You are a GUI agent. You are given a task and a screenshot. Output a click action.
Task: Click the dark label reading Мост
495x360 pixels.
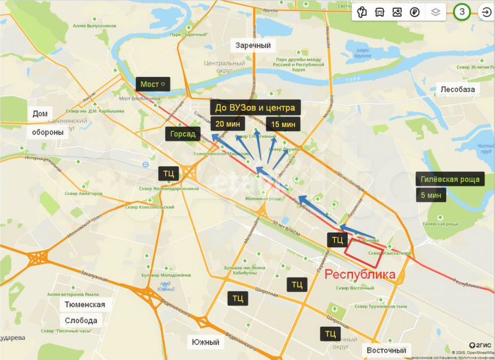[x=153, y=84]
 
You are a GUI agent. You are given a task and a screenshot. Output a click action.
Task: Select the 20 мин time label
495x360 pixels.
[x=228, y=124]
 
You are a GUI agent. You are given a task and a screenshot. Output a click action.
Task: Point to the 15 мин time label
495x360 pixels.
[x=283, y=124]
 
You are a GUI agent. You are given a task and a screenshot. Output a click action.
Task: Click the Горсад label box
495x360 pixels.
[x=182, y=134]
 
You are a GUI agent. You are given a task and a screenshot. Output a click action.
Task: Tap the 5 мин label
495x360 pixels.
[x=431, y=195]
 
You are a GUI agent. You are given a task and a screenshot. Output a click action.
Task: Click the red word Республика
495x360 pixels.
[x=360, y=274]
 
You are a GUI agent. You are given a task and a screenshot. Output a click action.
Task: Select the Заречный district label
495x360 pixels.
[x=253, y=45]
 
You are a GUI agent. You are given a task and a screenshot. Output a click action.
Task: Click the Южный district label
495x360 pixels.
[x=206, y=341]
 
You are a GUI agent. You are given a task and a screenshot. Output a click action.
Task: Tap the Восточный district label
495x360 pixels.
[x=386, y=350]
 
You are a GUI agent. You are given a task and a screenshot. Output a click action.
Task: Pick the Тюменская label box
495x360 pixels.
[x=85, y=304]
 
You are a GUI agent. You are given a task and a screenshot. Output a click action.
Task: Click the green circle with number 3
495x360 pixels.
[x=462, y=12]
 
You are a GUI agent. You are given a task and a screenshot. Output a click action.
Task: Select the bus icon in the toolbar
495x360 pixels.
[x=379, y=12]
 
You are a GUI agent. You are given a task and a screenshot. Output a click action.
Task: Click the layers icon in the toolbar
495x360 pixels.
[x=434, y=12]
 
